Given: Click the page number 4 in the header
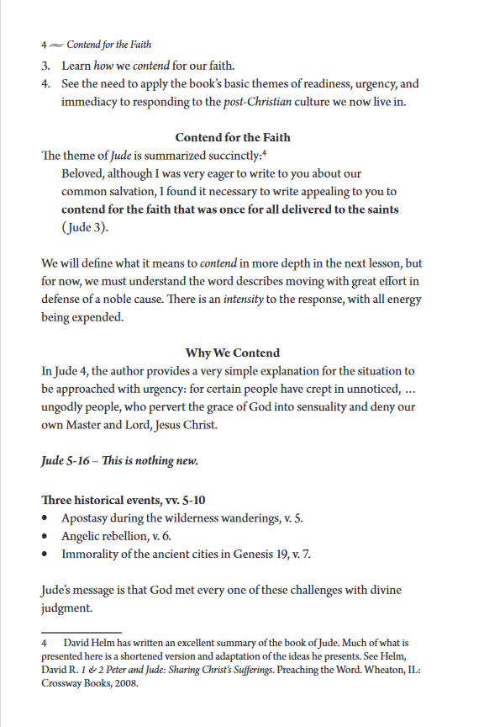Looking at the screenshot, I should (44, 44).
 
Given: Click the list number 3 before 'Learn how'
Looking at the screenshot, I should (45, 66).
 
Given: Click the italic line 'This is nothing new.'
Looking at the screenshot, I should (149, 461).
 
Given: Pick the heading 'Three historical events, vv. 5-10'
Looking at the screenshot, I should (123, 500).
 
